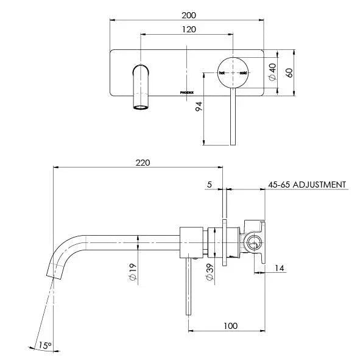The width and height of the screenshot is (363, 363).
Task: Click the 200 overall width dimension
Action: (x=187, y=15)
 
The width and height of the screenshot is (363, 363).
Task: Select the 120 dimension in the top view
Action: (x=187, y=29)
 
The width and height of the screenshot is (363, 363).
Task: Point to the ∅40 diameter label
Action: (x=272, y=72)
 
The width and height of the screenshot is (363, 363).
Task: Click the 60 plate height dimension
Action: (x=290, y=72)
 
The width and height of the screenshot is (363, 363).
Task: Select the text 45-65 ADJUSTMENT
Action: (x=307, y=185)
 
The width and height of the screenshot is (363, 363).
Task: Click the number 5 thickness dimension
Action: (x=209, y=184)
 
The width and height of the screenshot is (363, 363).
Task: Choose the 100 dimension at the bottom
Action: (x=230, y=326)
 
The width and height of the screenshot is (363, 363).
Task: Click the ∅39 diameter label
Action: (x=209, y=272)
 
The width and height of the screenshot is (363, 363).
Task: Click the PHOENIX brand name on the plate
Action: (x=188, y=92)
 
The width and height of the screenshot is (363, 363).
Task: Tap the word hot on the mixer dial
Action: (x=222, y=72)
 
